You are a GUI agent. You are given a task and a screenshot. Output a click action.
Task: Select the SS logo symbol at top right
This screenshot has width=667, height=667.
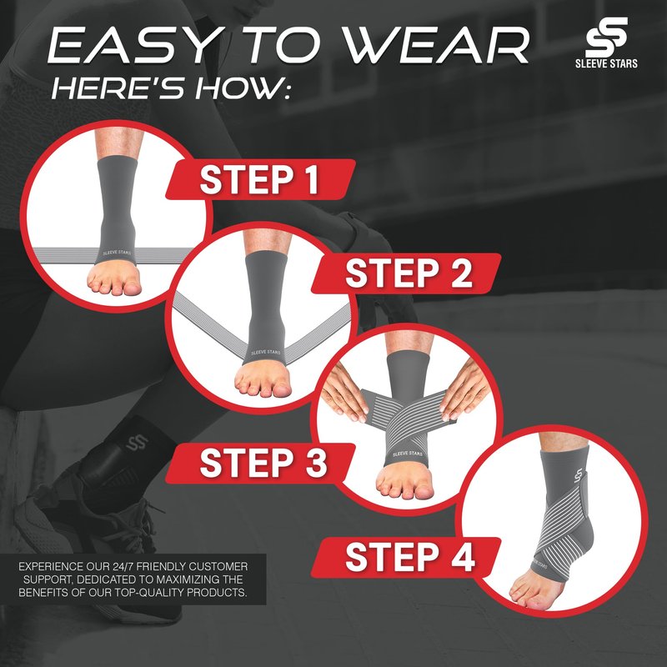click(606, 37)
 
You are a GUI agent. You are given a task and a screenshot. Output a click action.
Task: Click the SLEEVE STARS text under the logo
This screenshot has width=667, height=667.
click(606, 63)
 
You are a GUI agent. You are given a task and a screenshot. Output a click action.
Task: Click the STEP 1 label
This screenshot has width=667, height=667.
click(259, 180)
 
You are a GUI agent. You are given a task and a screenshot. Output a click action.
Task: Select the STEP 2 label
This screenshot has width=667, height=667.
click(409, 273)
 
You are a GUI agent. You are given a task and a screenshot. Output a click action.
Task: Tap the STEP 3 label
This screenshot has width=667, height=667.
click(263, 463)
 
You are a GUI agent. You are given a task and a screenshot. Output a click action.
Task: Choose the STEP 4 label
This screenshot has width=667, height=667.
click(409, 557)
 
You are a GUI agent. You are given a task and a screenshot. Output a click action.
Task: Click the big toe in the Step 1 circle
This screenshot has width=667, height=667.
click(132, 287)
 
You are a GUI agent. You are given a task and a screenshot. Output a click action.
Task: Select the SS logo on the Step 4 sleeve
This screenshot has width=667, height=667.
click(578, 475)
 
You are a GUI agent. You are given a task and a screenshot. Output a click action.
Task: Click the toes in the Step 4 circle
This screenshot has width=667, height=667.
click(528, 594)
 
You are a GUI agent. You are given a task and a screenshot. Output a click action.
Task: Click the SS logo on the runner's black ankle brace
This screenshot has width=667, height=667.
click(137, 443)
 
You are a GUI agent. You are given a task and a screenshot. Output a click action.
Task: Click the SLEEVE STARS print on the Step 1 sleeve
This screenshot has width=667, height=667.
click(117, 253)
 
